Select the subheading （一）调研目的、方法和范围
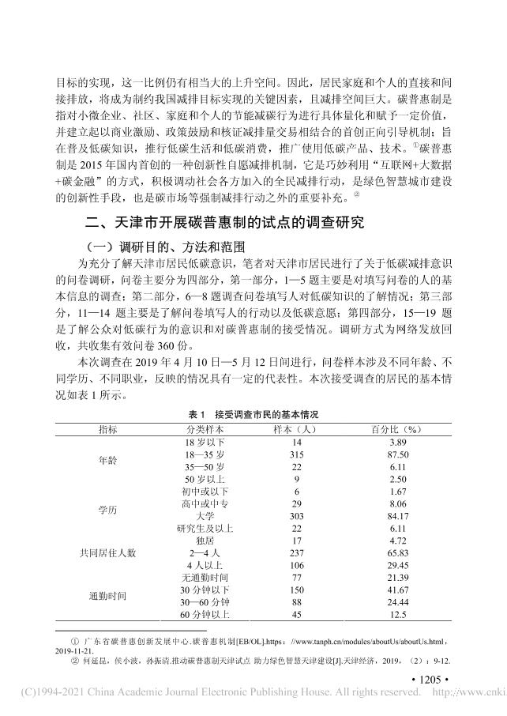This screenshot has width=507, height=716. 151,246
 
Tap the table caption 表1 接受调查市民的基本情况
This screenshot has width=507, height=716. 253,413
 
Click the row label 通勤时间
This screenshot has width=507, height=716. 107,593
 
